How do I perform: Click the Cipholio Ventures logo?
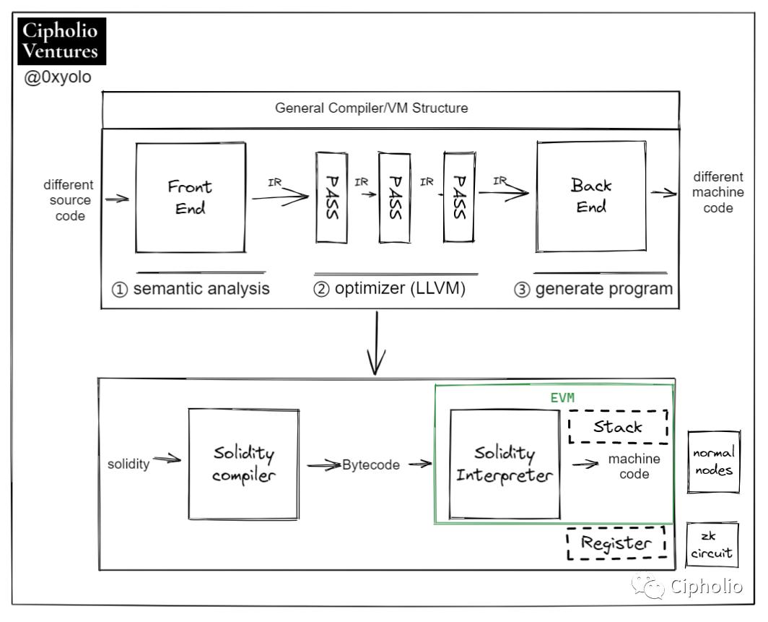pyautogui.click(x=61, y=42)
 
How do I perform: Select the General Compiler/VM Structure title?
pyautogui.click(x=372, y=109)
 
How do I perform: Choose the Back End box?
pyautogui.click(x=590, y=196)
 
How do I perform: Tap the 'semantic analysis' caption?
pyautogui.click(x=191, y=289)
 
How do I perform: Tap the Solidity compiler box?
pyautogui.click(x=244, y=465)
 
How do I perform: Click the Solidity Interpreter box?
pyautogui.click(x=505, y=465)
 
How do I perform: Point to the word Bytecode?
pyautogui.click(x=371, y=465)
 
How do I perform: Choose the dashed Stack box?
pyautogui.click(x=618, y=426)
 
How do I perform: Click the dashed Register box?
pyautogui.click(x=616, y=544)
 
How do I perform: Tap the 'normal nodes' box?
pyautogui.click(x=713, y=462)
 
